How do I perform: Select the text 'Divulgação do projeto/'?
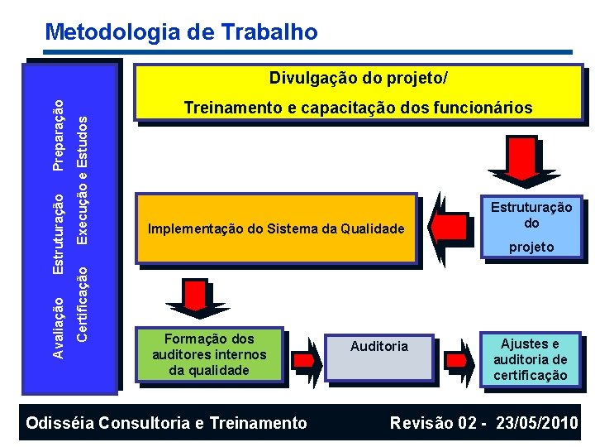pos(359,79)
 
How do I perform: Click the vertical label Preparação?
pos(58,134)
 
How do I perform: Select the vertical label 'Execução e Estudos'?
pos(82,178)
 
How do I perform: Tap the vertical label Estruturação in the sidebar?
pos(58,235)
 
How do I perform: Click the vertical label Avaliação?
pos(58,328)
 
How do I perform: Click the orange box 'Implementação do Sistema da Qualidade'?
pos(276,229)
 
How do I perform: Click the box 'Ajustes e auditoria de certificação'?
pos(531,359)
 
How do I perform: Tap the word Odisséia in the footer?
pos(61,423)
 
